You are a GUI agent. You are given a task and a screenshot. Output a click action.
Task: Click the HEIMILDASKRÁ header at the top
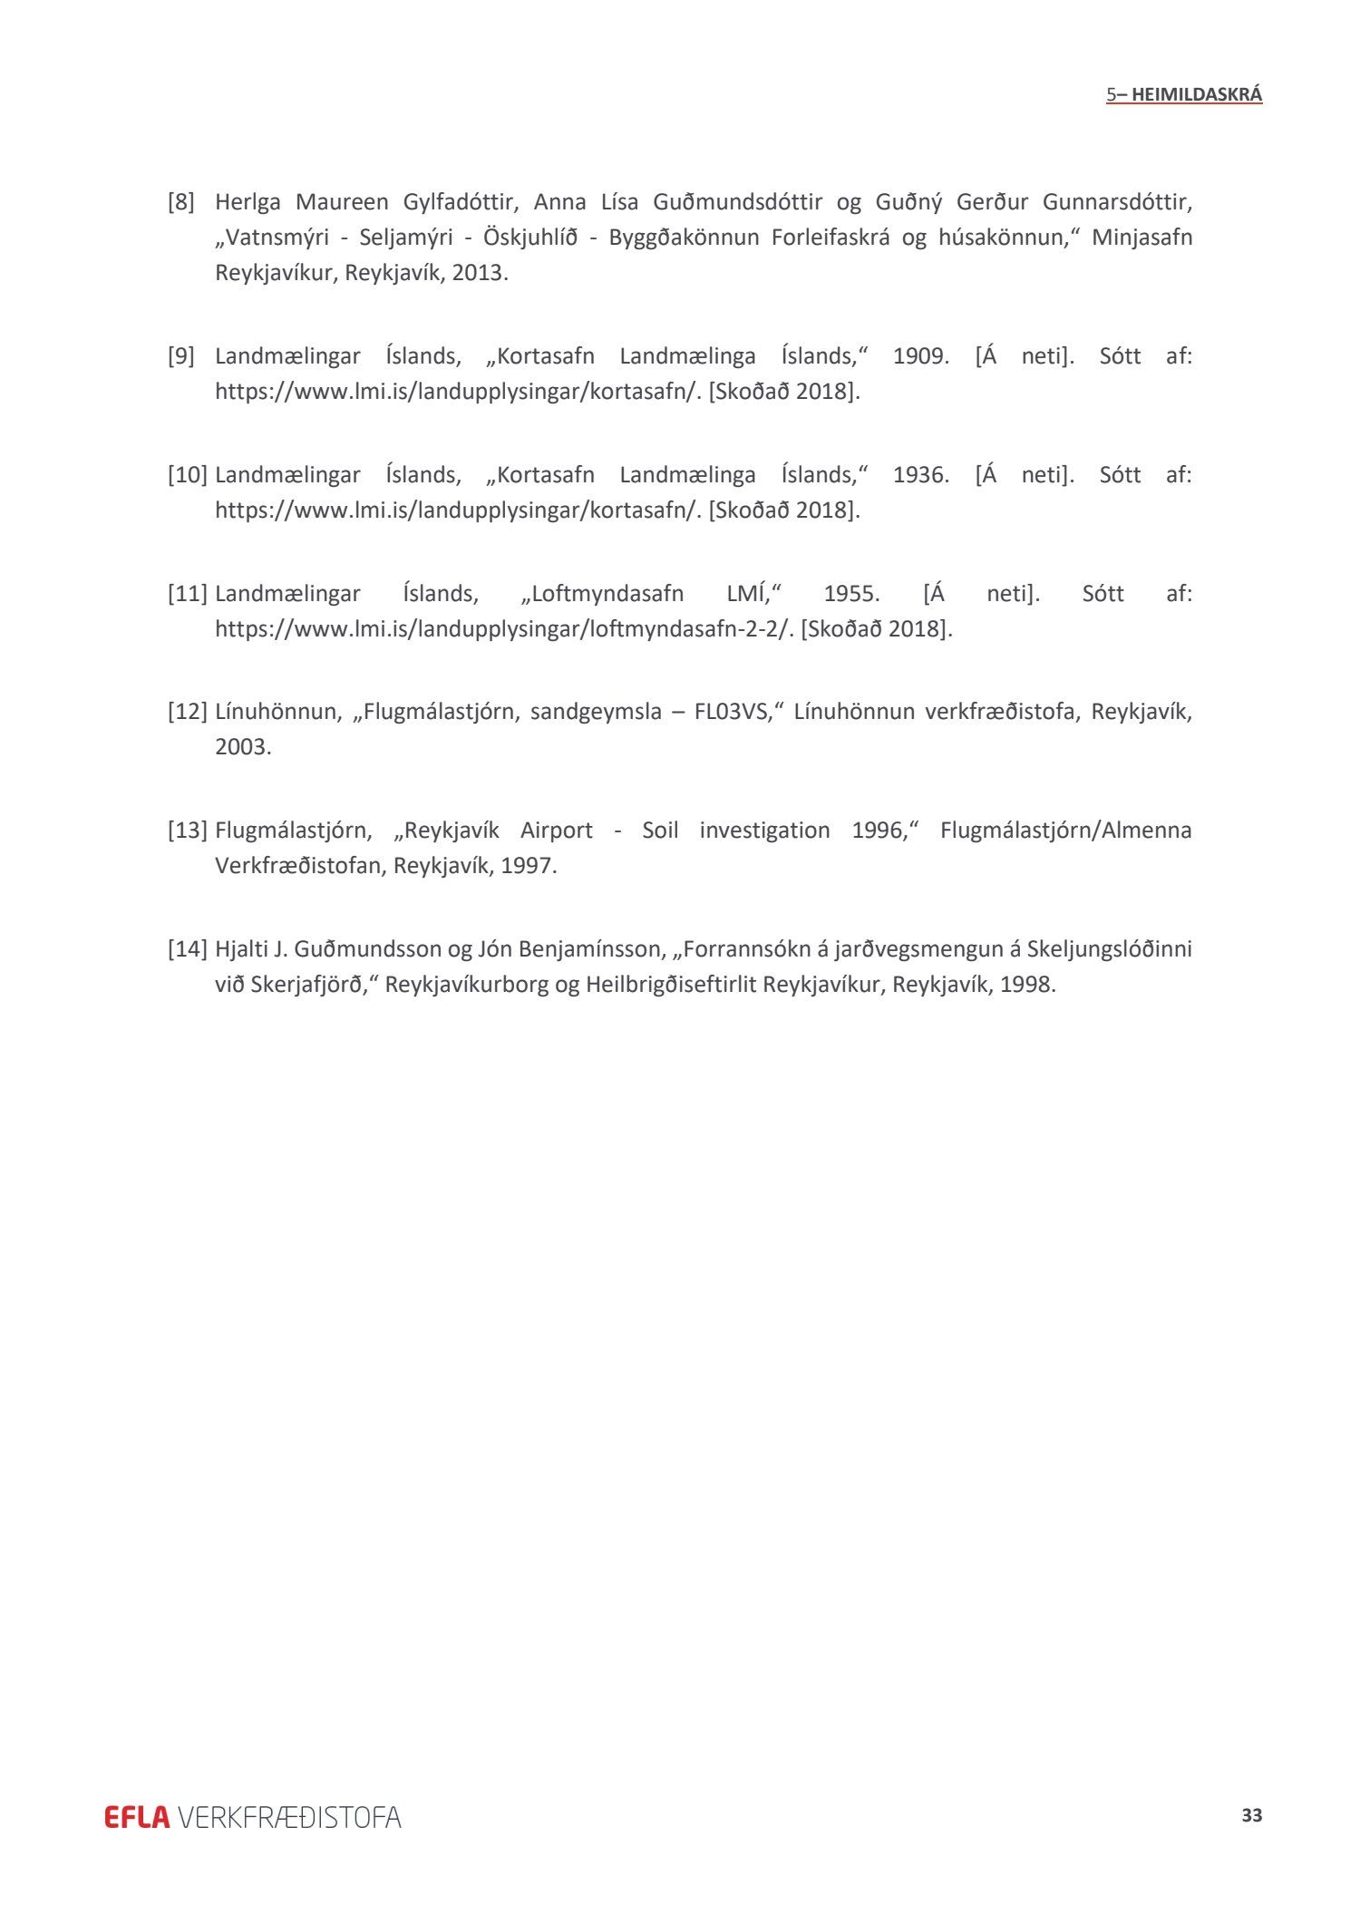click(x=1196, y=94)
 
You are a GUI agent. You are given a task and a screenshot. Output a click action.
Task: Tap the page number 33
click(x=1251, y=1815)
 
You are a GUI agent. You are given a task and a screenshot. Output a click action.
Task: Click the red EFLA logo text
click(x=137, y=1817)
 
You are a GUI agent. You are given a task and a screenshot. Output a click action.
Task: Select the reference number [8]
click(x=181, y=201)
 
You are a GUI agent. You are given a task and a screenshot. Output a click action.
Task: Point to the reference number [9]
click(x=181, y=356)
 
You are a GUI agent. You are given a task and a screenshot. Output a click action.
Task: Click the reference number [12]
click(x=188, y=711)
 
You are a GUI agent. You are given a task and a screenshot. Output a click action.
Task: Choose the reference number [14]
click(x=188, y=949)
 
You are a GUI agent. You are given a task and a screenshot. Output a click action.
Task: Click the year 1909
click(x=920, y=356)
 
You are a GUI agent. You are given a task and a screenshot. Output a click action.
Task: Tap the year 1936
click(x=920, y=475)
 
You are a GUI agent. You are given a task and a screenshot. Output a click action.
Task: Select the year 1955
click(x=851, y=594)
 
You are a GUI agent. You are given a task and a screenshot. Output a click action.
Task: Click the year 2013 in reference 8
click(x=477, y=273)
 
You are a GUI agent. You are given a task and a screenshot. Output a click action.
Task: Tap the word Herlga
click(x=248, y=201)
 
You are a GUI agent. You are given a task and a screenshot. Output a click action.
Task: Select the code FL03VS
click(x=731, y=711)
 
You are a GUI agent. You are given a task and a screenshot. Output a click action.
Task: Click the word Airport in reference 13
click(x=556, y=831)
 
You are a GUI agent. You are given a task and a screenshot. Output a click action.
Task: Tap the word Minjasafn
click(x=1141, y=238)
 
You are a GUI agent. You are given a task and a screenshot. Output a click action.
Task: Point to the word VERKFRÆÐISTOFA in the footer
click(x=289, y=1817)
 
